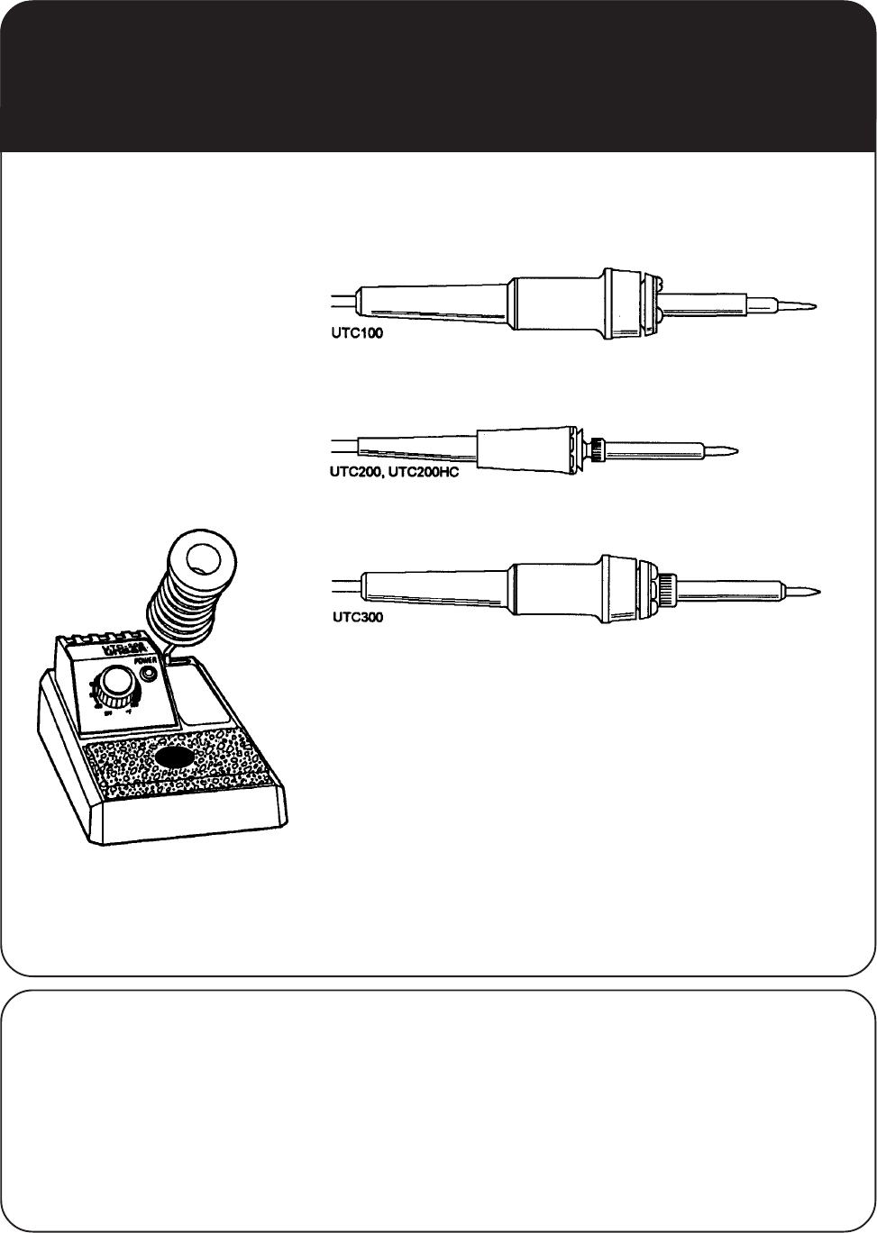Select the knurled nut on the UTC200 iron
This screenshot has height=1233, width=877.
[596, 448]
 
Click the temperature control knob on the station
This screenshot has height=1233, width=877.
[114, 688]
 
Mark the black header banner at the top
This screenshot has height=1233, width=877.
[438, 76]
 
